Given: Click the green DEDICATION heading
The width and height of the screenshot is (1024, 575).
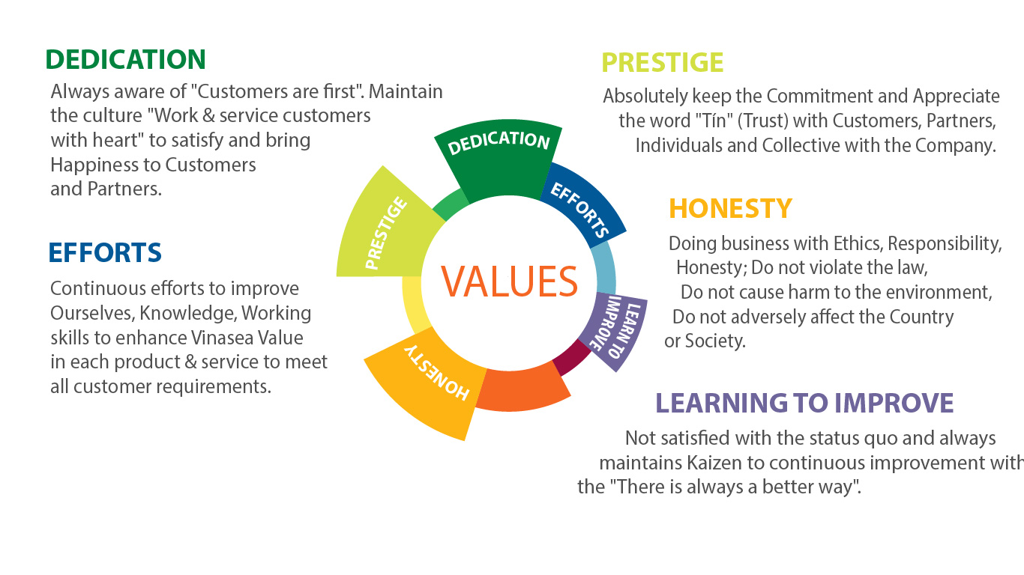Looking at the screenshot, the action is pos(126,59).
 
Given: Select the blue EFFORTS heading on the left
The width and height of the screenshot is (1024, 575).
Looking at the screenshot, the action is pos(105,252).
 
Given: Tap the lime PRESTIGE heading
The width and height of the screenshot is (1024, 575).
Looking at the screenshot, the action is pos(663,63).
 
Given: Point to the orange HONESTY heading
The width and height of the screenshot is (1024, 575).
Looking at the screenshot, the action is pos(730,209).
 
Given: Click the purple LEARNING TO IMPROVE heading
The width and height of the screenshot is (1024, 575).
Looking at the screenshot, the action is pos(804,403).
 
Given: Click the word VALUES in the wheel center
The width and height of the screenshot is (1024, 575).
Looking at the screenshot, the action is pos(509,282).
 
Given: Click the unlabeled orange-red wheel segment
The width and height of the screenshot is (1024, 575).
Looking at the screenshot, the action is pos(521,389).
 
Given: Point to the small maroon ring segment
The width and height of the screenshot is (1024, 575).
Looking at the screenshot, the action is pos(571,359).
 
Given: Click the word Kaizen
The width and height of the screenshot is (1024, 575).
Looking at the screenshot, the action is pos(714,463).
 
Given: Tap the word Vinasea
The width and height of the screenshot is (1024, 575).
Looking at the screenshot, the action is pos(222,338).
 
